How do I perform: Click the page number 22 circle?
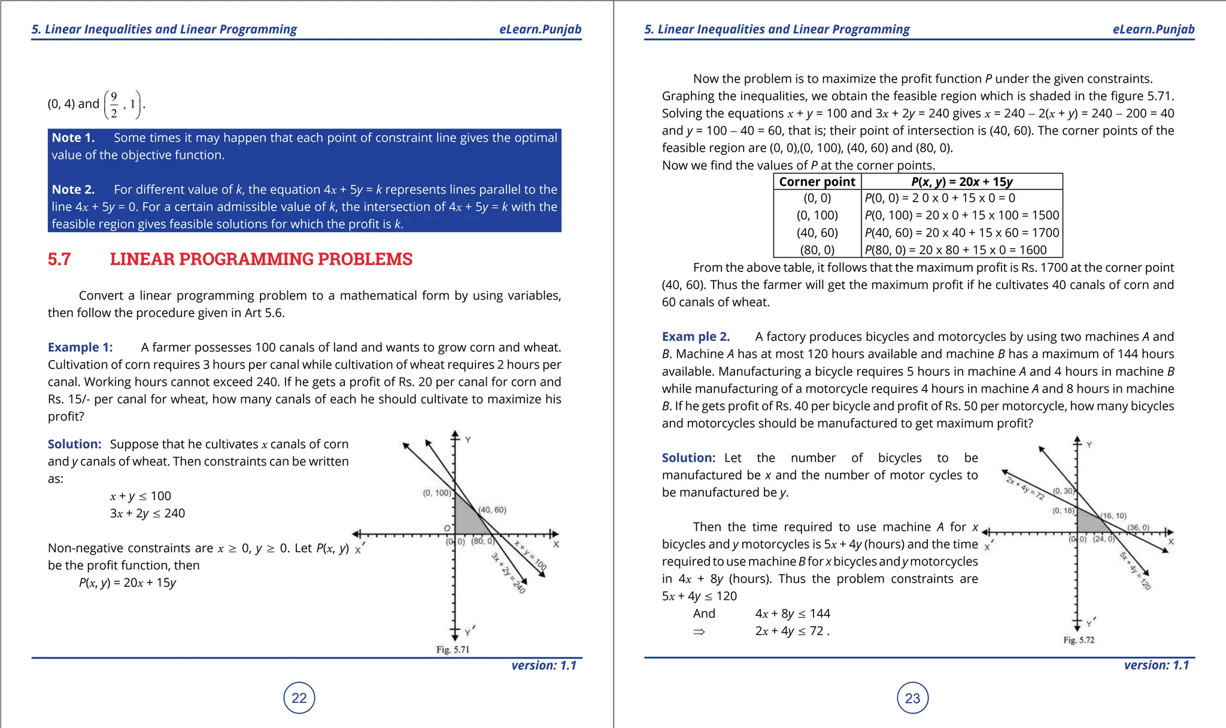pyautogui.click(x=299, y=697)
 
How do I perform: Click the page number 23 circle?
pyautogui.click(x=912, y=698)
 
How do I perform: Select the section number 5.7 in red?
pyautogui.click(x=59, y=259)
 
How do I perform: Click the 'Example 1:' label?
pyautogui.click(x=80, y=348)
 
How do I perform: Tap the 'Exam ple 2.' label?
pyautogui.click(x=696, y=337)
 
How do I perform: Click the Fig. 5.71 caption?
pyautogui.click(x=453, y=650)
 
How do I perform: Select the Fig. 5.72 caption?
pyautogui.click(x=1079, y=640)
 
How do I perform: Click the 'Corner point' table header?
pyautogui.click(x=817, y=182)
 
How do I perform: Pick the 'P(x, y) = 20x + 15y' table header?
pyautogui.click(x=961, y=182)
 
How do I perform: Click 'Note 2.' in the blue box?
pyautogui.click(x=73, y=190)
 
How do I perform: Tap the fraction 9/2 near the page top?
pyautogui.click(x=114, y=105)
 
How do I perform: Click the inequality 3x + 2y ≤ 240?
pyautogui.click(x=147, y=513)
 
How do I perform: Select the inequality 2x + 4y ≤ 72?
pyautogui.click(x=792, y=631)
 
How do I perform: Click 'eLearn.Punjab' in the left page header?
pyautogui.click(x=540, y=29)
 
